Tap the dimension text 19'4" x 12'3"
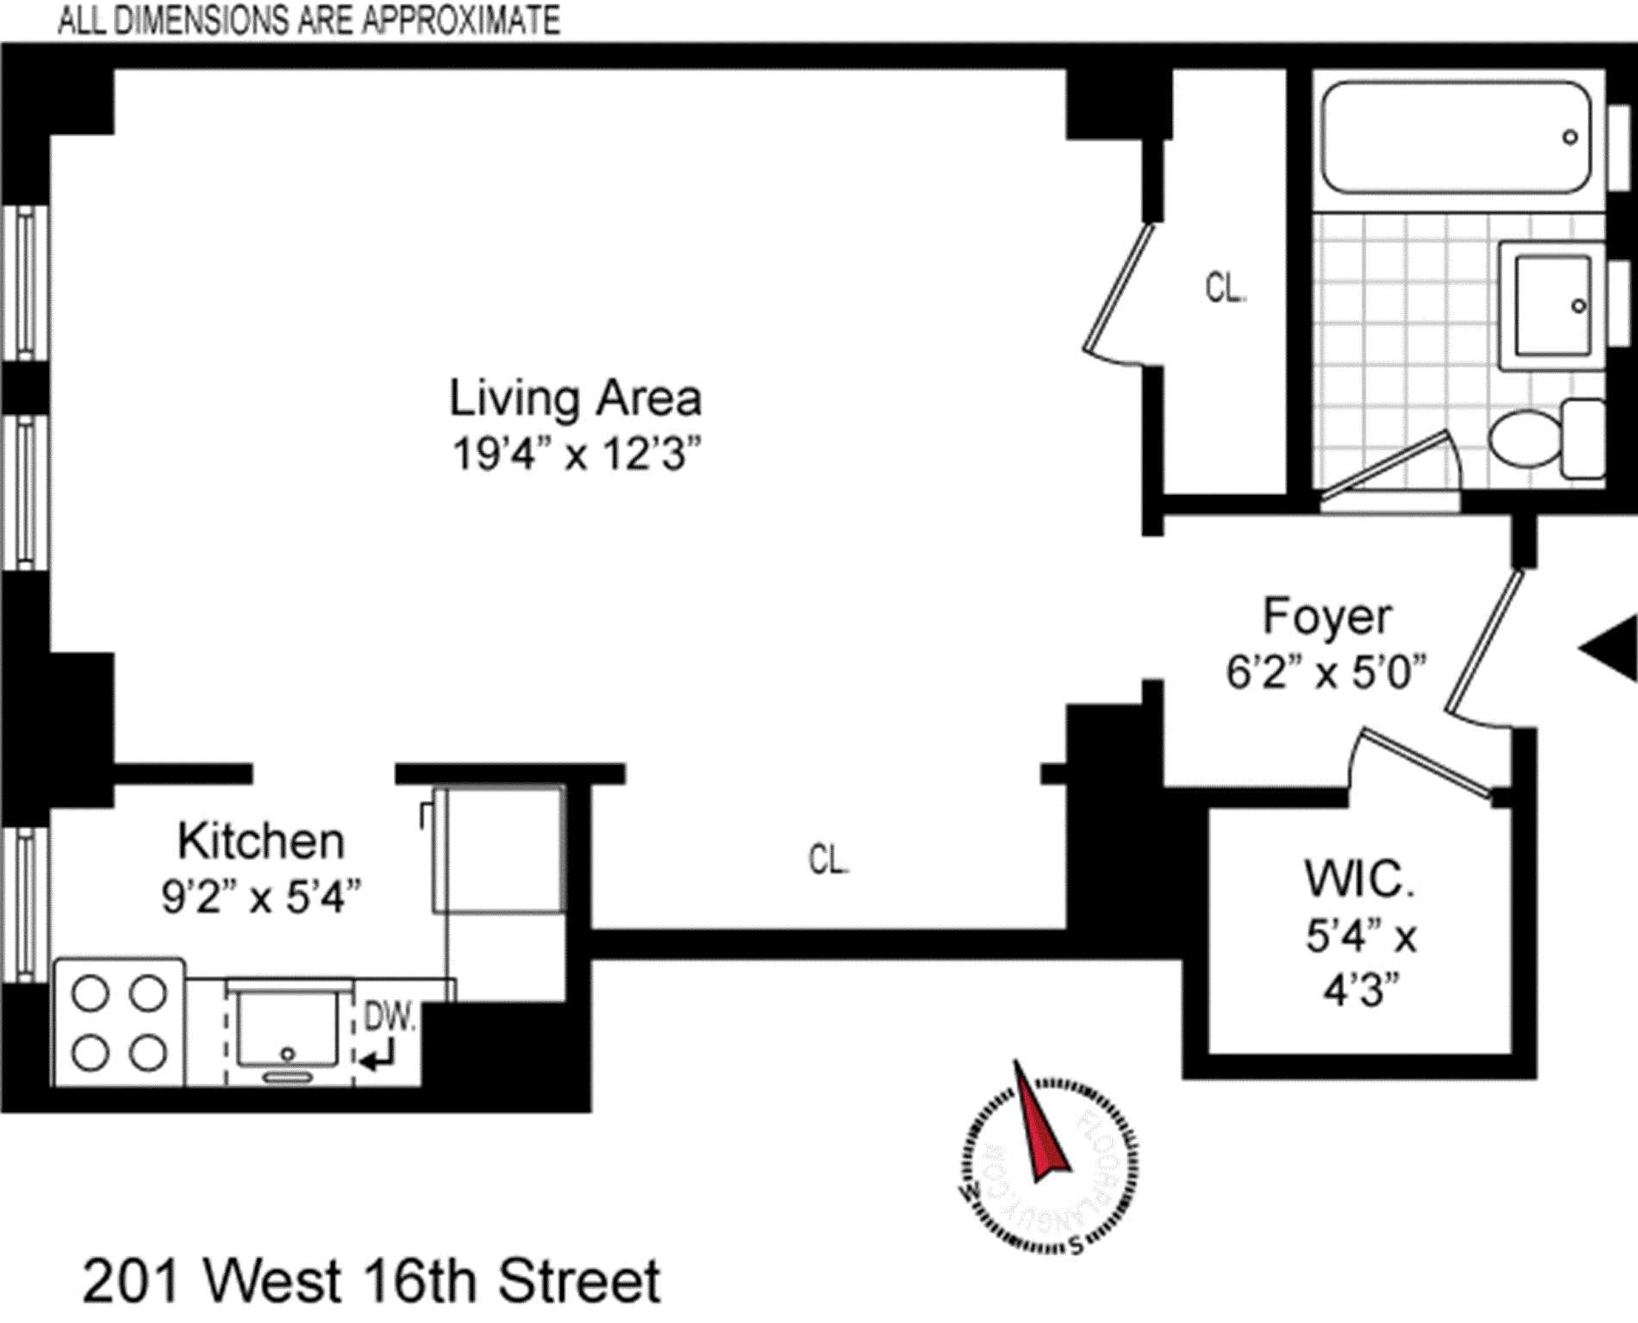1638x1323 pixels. tap(576, 455)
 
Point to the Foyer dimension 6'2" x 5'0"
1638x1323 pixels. tap(1326, 673)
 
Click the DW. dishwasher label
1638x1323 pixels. tap(390, 1017)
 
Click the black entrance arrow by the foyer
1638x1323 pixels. tap(1612, 648)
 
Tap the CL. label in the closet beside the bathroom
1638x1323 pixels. tap(1225, 288)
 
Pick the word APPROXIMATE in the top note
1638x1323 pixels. tap(461, 20)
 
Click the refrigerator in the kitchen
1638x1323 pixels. tap(499, 850)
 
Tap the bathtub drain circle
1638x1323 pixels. tap(1570, 137)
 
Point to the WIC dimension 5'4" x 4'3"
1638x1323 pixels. tap(1361, 964)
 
